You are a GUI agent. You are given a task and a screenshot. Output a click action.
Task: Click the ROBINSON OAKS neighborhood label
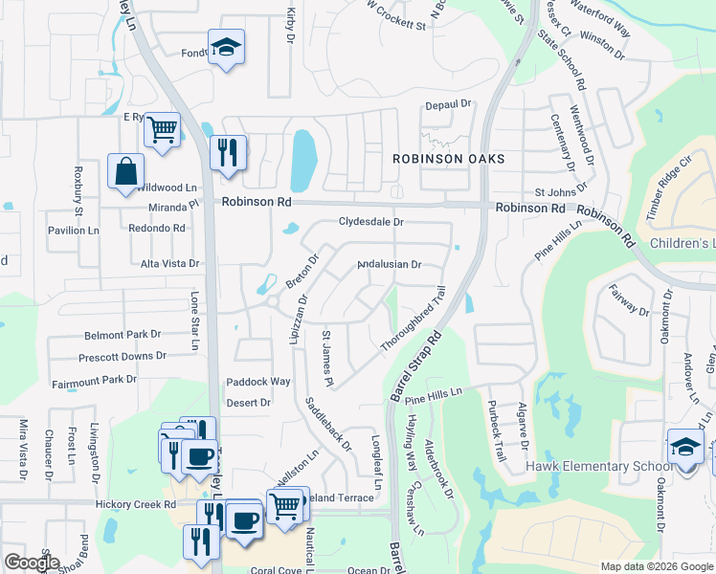(x=448, y=158)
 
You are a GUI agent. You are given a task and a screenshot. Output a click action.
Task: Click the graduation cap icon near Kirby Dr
(x=226, y=47)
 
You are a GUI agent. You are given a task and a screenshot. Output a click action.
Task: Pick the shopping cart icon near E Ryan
(x=163, y=129)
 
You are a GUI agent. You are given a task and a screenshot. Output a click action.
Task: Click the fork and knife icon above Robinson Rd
(x=228, y=153)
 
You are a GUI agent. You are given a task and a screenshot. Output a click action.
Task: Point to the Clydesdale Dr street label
(x=371, y=222)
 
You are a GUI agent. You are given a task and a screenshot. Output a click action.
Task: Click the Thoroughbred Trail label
(x=414, y=320)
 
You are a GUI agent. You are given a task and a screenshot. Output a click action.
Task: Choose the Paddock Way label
(x=258, y=382)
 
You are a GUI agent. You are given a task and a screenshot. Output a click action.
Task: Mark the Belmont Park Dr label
(x=123, y=335)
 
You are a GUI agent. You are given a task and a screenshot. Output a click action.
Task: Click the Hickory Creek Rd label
(x=136, y=503)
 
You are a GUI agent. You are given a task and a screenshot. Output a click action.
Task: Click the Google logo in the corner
(x=31, y=563)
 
